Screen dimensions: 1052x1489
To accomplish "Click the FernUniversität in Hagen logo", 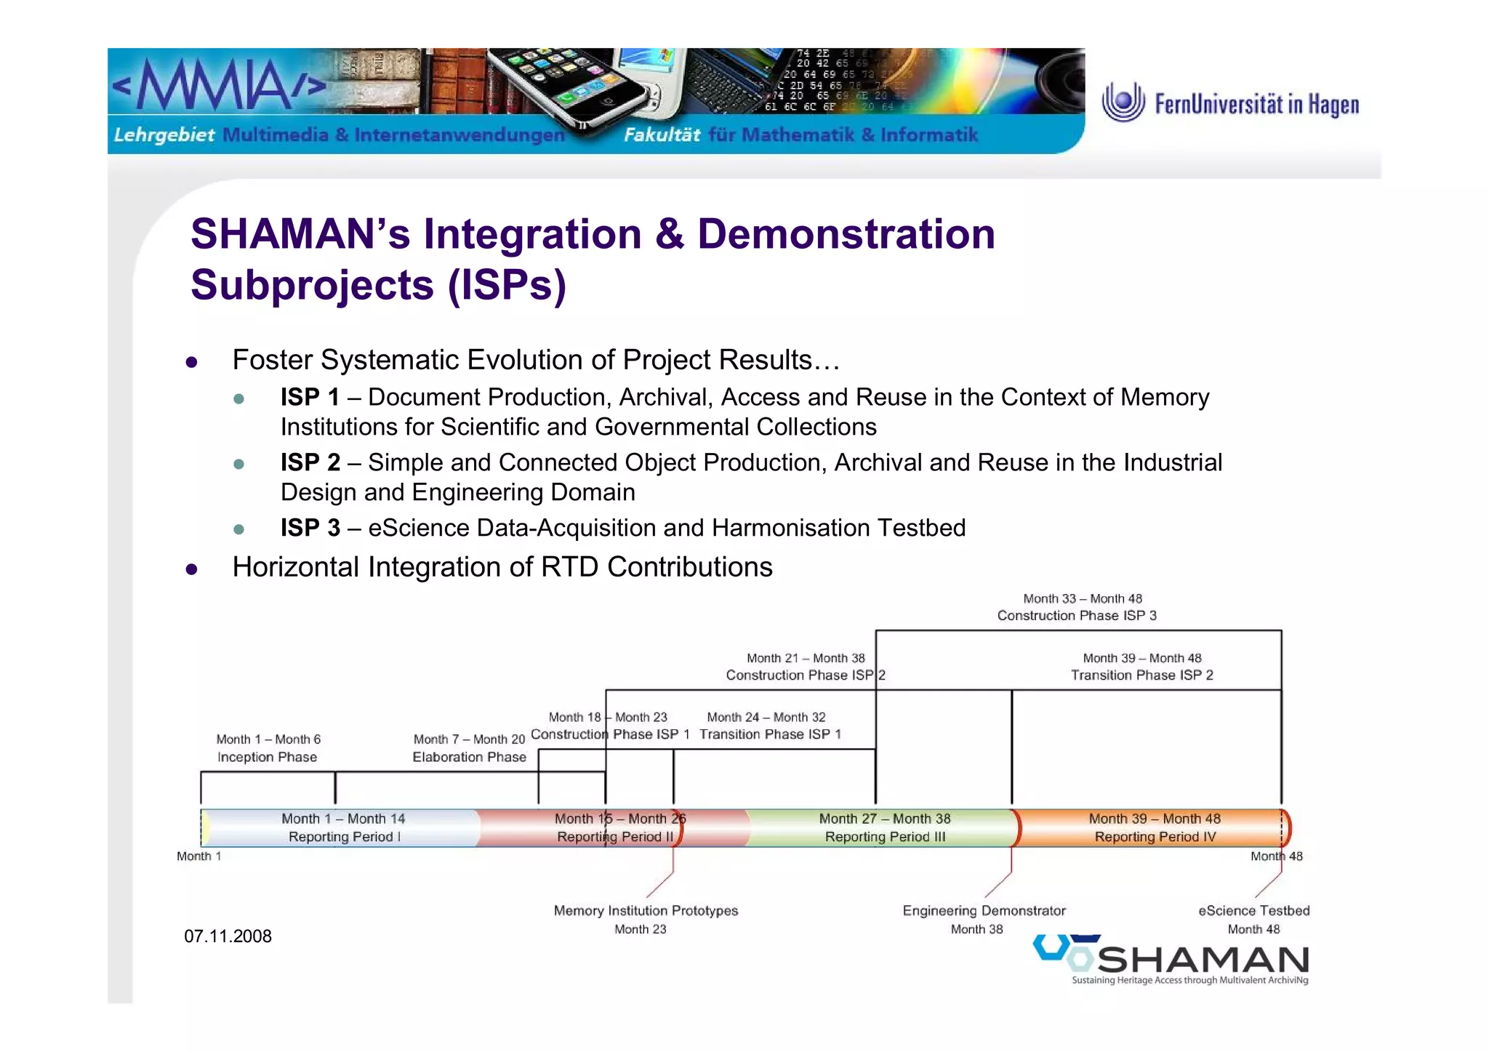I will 1230,103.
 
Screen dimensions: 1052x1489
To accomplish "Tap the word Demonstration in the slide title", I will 846,234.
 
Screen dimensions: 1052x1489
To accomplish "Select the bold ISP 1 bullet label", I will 310,397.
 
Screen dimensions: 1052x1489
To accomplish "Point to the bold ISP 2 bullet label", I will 310,462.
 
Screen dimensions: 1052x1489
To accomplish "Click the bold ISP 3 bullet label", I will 310,528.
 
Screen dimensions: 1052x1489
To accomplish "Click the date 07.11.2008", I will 228,936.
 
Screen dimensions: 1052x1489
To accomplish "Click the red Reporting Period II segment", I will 614,827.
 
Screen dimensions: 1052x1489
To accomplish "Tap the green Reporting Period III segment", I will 884,827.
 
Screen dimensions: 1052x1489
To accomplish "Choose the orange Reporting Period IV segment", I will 1154,827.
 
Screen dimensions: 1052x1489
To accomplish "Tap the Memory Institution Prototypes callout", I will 645,911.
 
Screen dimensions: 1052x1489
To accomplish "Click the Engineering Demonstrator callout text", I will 983,911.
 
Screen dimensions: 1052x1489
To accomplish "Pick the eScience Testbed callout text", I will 1253,911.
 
